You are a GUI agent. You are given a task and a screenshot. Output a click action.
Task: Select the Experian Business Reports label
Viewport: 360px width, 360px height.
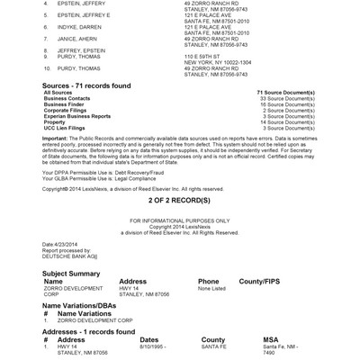pyautogui.click(x=76, y=115)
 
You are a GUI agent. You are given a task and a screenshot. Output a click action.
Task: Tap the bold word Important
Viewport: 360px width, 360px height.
pyautogui.click(x=58, y=137)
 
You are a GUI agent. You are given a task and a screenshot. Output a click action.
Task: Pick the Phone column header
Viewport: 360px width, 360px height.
pyautogui.click(x=208, y=281)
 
